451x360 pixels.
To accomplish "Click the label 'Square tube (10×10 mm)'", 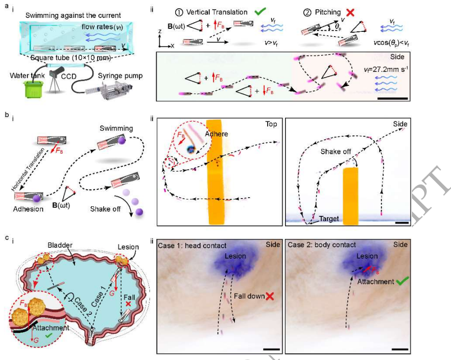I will (x=71, y=58).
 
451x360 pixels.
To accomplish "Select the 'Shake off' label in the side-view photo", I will (x=337, y=151).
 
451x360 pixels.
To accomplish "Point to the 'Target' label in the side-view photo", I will (x=329, y=219).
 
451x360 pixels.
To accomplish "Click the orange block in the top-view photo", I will (x=218, y=169).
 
